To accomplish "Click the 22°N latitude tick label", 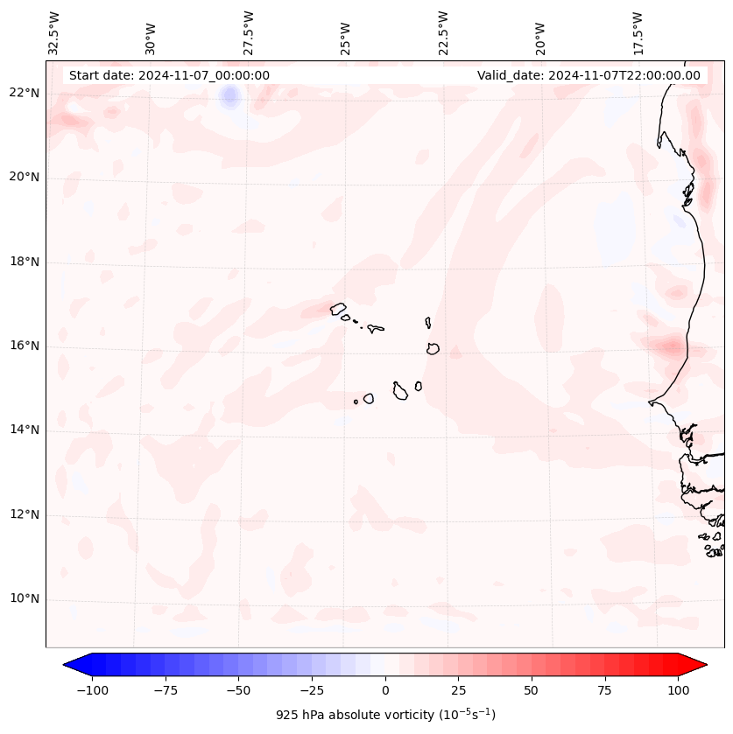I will coord(24,94).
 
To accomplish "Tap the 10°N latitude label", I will coord(24,599).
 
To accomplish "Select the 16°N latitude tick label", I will coord(24,346).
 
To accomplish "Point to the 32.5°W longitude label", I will coord(54,32).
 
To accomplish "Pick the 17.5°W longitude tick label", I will coord(638,32).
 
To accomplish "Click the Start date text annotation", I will coord(169,75).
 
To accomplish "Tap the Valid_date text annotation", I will coord(589,75).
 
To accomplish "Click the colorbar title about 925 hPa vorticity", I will coord(385,715).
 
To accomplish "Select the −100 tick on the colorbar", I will coord(92,690).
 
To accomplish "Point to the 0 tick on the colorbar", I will coord(385,690).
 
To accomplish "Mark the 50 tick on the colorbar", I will coord(532,690).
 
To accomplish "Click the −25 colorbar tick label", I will coord(312,690).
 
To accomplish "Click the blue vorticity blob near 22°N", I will coord(230,95).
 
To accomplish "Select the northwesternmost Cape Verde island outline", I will coord(338,309).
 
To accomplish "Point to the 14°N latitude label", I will coord(24,430).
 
